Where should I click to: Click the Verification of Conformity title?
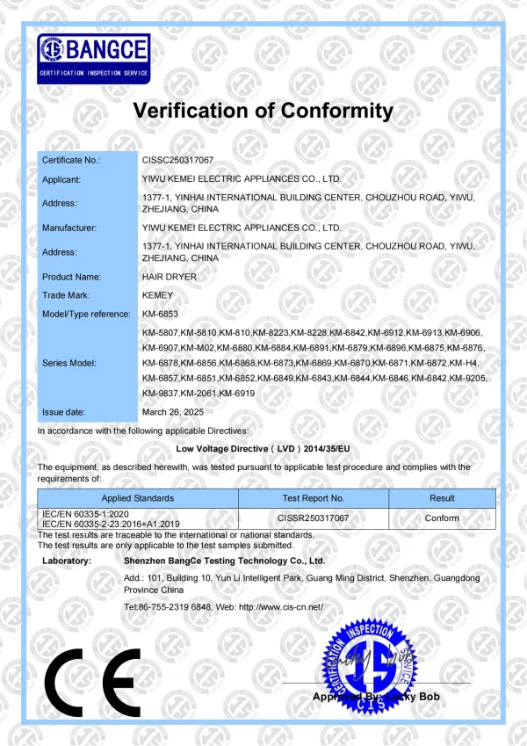tap(263, 111)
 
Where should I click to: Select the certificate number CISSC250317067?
tap(177, 160)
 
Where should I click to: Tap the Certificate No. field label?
tap(71, 160)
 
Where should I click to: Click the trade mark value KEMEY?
tap(158, 295)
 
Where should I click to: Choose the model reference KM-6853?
tap(161, 314)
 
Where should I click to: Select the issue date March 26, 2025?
tap(172, 411)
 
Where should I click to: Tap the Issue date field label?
tap(64, 411)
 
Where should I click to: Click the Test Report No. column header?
tap(314, 498)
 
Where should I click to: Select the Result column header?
tap(442, 498)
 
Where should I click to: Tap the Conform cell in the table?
tap(442, 518)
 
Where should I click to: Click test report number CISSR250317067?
tap(314, 518)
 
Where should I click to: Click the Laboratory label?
tap(67, 560)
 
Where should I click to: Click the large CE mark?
tap(94, 684)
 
